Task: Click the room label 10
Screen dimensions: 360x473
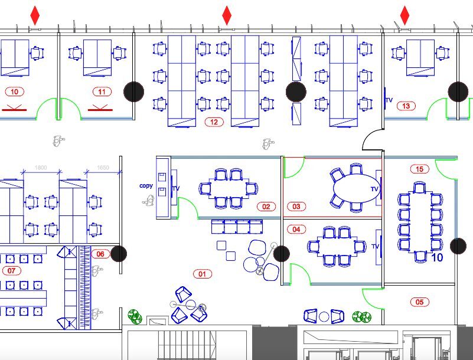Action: (x=14, y=91)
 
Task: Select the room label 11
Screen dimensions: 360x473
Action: (x=102, y=91)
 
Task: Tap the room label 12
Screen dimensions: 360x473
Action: (x=213, y=122)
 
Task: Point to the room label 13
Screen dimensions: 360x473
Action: (x=406, y=106)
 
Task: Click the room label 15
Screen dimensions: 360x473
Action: (x=419, y=169)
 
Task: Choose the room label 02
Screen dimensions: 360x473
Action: (x=266, y=207)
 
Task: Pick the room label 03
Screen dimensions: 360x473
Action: (x=296, y=207)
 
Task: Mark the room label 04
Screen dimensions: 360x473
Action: (x=296, y=229)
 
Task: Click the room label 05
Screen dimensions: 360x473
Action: (x=419, y=302)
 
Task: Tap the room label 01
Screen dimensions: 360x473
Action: (x=203, y=274)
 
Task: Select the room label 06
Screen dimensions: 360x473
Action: (x=100, y=254)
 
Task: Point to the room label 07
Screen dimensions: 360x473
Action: (x=11, y=271)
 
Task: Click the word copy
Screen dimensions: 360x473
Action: (x=146, y=186)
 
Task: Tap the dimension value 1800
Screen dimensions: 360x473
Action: (x=41, y=168)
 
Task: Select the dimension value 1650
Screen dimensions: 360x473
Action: (x=103, y=168)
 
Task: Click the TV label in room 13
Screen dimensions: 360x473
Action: (x=389, y=101)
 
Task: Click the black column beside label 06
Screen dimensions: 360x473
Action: (x=119, y=254)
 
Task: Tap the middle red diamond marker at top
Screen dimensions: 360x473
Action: (x=227, y=15)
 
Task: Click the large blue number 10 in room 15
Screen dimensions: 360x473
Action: (x=437, y=258)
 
